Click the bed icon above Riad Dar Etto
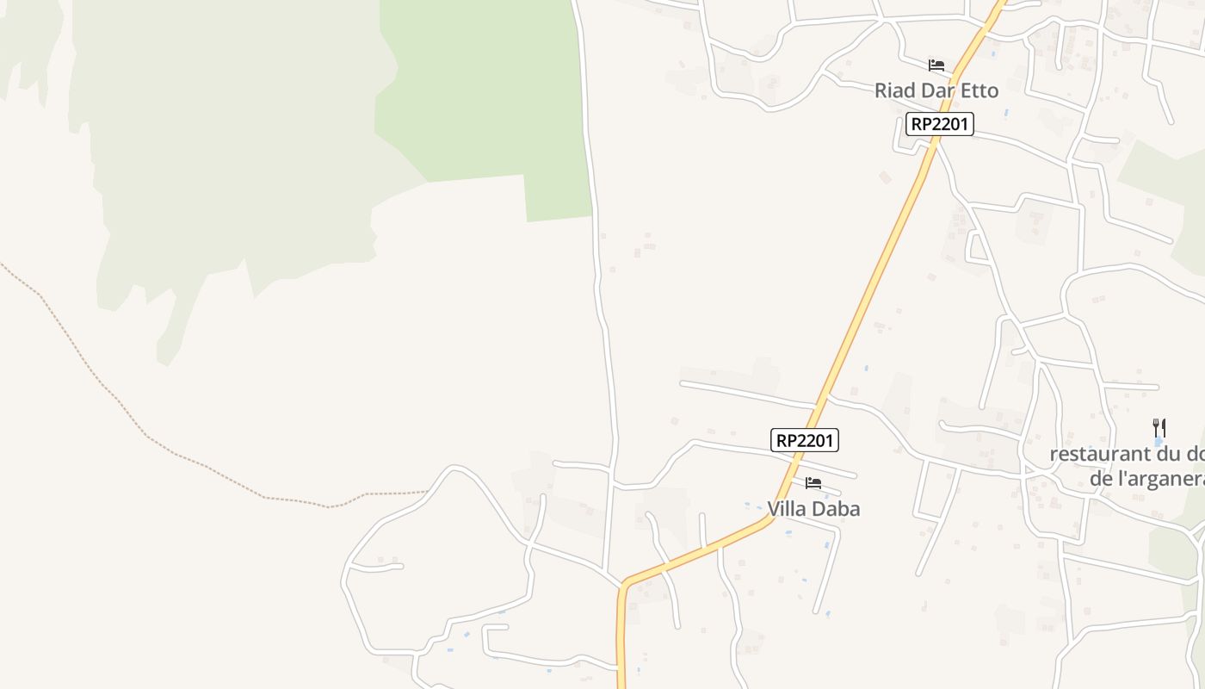[936, 65]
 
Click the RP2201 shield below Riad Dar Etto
[939, 124]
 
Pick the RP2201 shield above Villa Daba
[804, 440]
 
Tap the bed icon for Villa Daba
[813, 483]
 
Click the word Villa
[786, 509]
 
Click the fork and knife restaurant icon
[1159, 427]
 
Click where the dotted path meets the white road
[429, 492]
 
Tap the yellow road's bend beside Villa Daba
[769, 518]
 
